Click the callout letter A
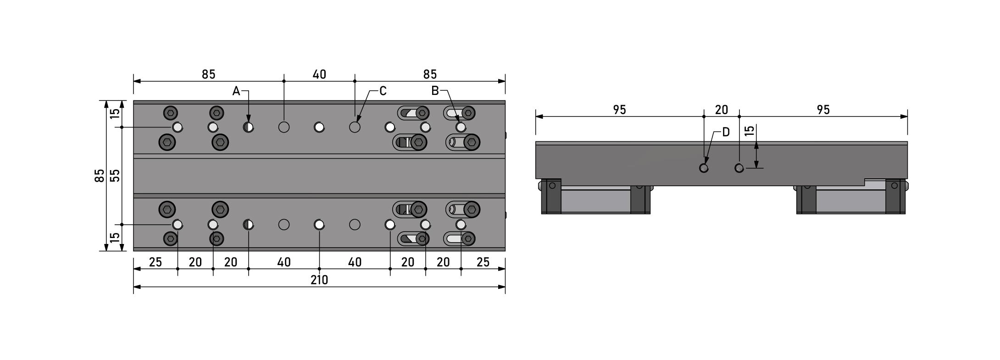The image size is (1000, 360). click(236, 91)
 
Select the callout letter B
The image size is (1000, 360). click(435, 91)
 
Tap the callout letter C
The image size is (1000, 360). click(383, 91)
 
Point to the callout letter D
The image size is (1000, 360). click(726, 132)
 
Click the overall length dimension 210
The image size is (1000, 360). click(319, 280)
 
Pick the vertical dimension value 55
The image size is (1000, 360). click(115, 176)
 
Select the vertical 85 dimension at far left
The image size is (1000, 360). click(100, 176)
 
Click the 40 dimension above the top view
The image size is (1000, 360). click(319, 74)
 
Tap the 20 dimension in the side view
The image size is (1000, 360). click(722, 110)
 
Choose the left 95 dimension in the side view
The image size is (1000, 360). click(619, 110)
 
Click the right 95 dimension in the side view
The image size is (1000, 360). click(823, 110)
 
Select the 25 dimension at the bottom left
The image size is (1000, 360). click(156, 262)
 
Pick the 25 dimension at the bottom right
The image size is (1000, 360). click(483, 262)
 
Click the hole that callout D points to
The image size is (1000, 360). click(704, 168)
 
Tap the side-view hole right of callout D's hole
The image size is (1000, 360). click(739, 168)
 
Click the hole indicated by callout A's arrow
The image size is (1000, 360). click(248, 127)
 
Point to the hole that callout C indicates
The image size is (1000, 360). click(355, 127)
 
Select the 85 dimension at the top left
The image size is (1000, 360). click(208, 74)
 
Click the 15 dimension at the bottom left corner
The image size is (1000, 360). click(115, 238)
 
